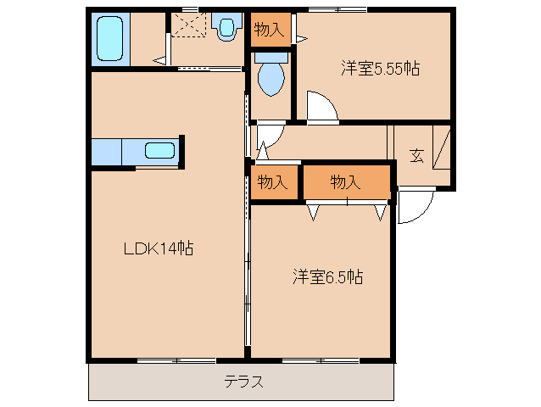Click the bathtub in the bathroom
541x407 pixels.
pos(110,39)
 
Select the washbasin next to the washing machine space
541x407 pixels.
pos(226,26)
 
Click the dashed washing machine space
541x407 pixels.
pos(189,25)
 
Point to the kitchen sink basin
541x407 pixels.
pos(159,150)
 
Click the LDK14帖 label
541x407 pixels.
pos(159,248)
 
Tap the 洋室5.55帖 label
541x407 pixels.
pos(380,68)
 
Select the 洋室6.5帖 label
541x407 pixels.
pos(328,276)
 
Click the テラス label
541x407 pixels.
pos(243,382)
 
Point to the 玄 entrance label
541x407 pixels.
pos(417,155)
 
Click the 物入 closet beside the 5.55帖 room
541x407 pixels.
pos(270,30)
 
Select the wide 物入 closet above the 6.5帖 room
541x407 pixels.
pos(347,181)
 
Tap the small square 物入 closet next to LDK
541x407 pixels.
pos(274,181)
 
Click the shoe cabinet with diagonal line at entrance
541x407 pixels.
pos(442,148)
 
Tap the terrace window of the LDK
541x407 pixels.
pos(176,360)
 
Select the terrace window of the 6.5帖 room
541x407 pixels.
pos(321,360)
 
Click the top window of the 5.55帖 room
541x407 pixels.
pos(337,9)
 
